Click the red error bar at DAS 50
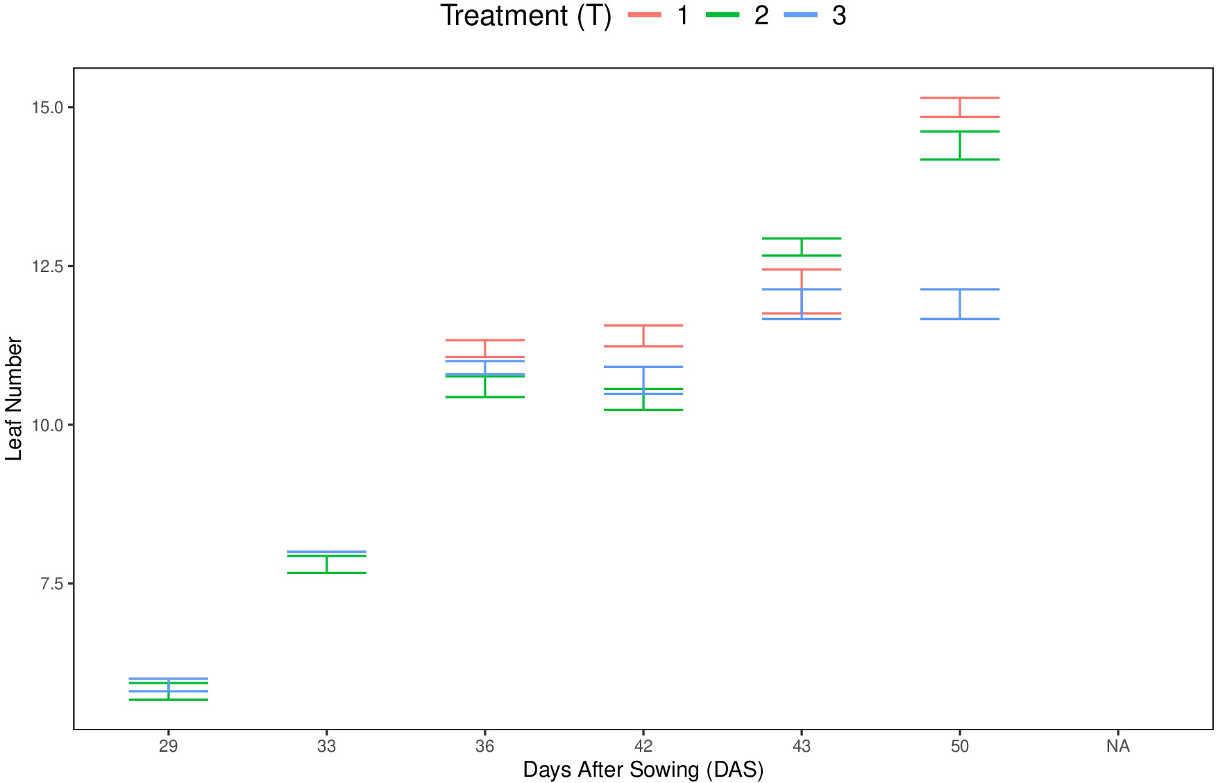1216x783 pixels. [960, 108]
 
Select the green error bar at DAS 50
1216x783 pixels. [960, 145]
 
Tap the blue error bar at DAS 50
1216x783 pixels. [960, 304]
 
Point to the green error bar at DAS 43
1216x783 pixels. [802, 247]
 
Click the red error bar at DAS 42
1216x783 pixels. [643, 336]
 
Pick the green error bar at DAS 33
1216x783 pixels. [327, 564]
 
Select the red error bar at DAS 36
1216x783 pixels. [485, 348]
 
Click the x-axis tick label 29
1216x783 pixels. [169, 746]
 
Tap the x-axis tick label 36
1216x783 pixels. [485, 746]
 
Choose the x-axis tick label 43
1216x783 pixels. [802, 746]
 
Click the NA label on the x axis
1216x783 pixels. [1118, 746]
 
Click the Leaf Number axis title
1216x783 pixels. [14, 399]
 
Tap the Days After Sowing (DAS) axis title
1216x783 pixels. [643, 770]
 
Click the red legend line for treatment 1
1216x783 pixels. [645, 15]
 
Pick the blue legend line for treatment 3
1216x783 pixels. [800, 15]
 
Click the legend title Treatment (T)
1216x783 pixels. [526, 15]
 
